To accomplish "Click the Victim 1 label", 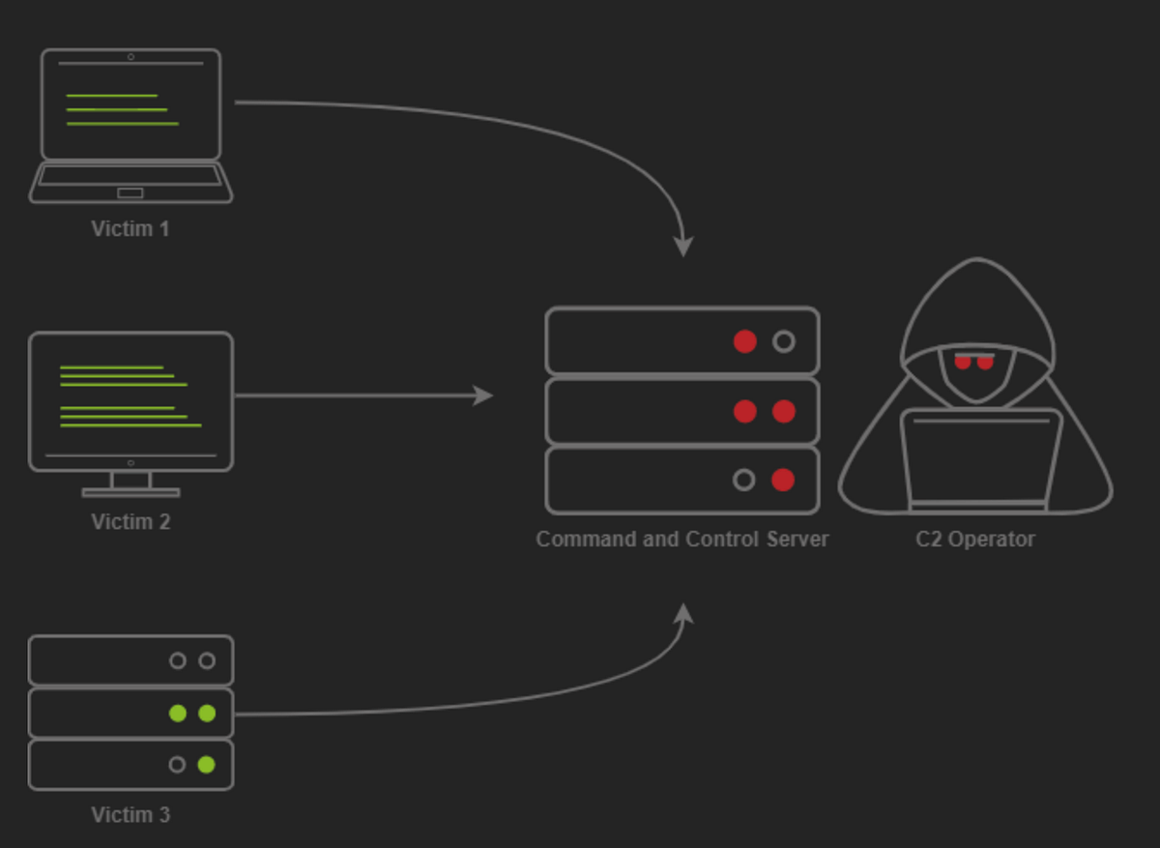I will click(130, 229).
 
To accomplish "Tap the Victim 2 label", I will click(130, 522).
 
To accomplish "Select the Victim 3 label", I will click(130, 815).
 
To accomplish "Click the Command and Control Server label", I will click(681, 539).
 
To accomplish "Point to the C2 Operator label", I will click(974, 539).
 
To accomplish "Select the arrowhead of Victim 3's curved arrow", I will click(683, 614).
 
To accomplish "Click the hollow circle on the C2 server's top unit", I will click(784, 341).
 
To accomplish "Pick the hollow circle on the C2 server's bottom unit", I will click(743, 480).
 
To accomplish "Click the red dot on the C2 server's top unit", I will click(744, 341).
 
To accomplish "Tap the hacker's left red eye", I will click(962, 363).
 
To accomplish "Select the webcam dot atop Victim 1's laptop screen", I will click(130, 57).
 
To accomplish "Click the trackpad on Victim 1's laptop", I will click(130, 192).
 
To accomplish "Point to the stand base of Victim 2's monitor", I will click(130, 492).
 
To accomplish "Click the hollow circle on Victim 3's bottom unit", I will click(177, 765).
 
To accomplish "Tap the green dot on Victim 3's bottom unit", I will click(206, 765).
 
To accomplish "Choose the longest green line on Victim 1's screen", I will click(123, 124).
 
